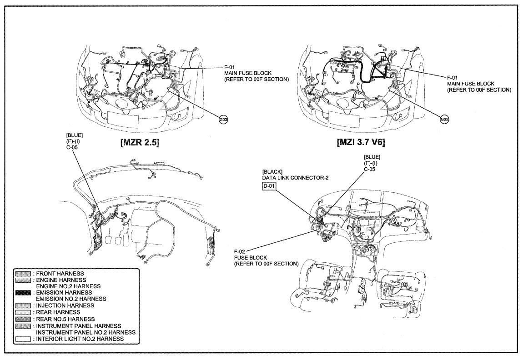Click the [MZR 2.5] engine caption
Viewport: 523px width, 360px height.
coord(140,143)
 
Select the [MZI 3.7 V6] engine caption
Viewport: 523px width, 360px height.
coord(361,142)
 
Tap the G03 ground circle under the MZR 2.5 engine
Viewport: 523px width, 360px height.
coord(223,120)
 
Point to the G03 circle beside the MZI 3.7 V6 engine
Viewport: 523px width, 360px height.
coord(444,120)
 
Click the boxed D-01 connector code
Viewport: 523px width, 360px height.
coord(269,185)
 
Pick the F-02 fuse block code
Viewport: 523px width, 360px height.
coord(240,251)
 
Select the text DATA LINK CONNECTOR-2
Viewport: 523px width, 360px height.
coord(295,178)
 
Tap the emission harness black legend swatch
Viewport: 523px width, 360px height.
coord(23,293)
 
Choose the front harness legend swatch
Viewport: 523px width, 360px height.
coord(23,274)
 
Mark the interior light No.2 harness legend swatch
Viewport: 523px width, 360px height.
coord(23,339)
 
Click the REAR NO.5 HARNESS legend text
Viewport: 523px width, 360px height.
coord(65,319)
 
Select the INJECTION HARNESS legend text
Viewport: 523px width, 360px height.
coord(65,305)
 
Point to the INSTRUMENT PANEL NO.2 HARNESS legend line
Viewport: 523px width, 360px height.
coord(85,332)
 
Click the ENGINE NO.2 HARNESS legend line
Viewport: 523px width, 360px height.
coord(68,286)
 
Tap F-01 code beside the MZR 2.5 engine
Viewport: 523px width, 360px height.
coord(230,67)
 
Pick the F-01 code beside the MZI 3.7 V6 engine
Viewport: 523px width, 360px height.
coord(453,78)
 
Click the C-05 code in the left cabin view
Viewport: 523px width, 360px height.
coord(72,147)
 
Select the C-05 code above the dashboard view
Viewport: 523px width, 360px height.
coord(370,169)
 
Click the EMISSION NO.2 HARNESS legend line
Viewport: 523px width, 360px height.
coord(71,299)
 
